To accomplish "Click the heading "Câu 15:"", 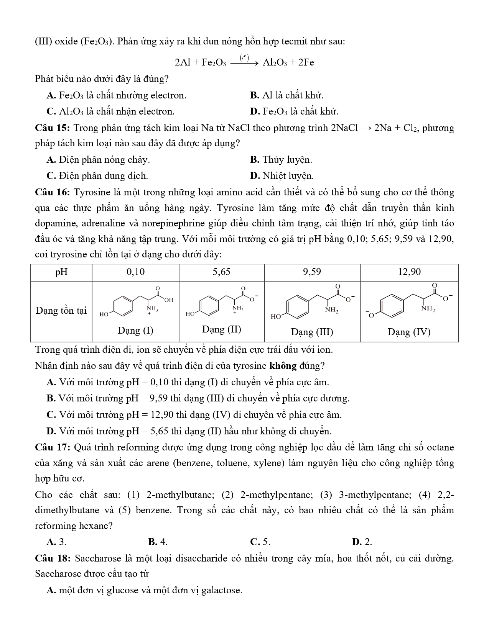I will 52,128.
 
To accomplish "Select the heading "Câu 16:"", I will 52,192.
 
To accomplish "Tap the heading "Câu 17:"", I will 52,447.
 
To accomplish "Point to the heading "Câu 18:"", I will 52,558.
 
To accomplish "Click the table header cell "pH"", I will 61,272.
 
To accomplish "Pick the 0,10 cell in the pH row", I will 135,272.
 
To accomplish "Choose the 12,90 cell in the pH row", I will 409,272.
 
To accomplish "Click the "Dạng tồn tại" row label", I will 61,311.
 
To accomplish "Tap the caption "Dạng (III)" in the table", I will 312,332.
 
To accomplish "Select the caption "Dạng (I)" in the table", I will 135,331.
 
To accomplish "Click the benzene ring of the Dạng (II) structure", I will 207,306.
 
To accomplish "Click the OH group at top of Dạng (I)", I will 168,300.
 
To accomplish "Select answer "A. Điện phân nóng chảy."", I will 98,160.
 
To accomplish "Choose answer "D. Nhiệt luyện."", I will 282,176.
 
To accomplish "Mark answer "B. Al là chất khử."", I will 286,95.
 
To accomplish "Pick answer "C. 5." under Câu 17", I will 260,542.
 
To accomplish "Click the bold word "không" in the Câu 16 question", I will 283,366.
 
